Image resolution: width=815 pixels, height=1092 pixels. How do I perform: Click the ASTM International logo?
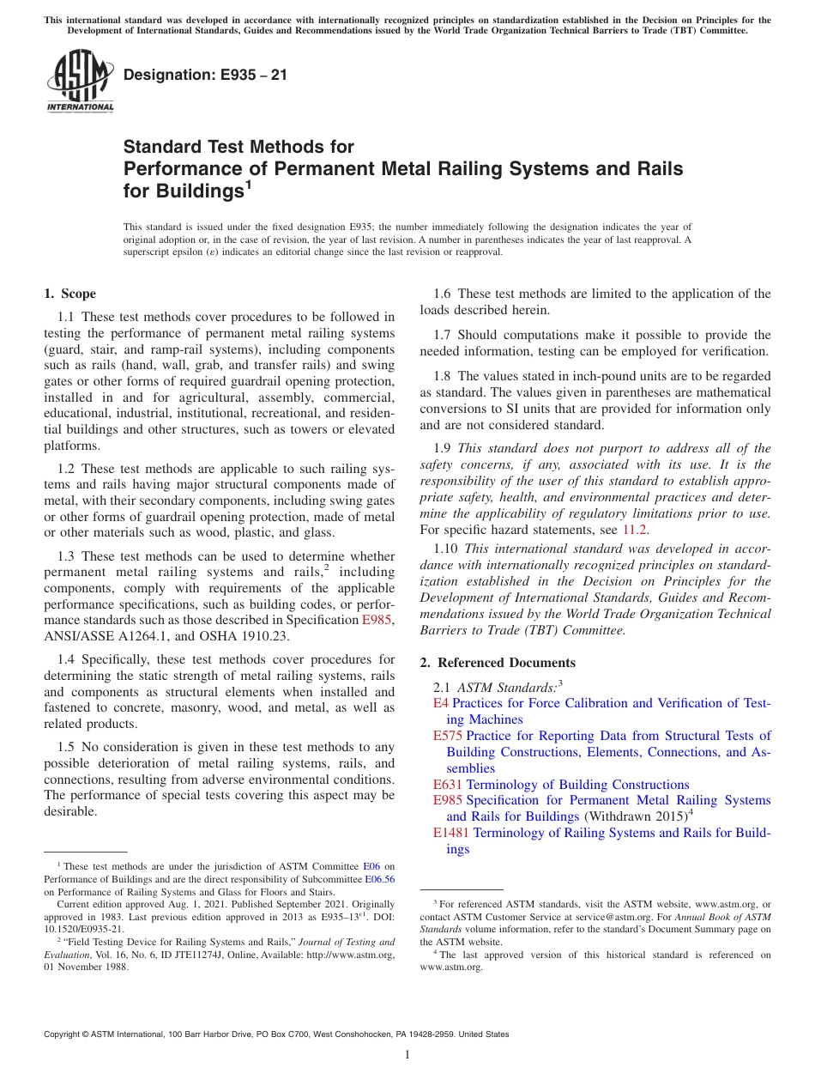coord(80,81)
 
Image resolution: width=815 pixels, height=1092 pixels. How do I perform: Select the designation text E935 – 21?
coord(205,76)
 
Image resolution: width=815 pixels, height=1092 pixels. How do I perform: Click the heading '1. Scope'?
coord(70,294)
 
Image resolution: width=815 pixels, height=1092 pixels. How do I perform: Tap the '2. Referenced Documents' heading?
coord(498,662)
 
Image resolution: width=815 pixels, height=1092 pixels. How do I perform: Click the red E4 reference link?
coord(441,703)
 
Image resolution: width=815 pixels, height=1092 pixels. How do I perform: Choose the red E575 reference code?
coord(448,736)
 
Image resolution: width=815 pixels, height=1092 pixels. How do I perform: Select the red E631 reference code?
coord(448,785)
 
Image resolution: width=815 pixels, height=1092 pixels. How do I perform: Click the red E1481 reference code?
coord(451,833)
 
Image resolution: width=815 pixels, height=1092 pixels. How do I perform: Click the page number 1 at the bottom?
coord(407,1055)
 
